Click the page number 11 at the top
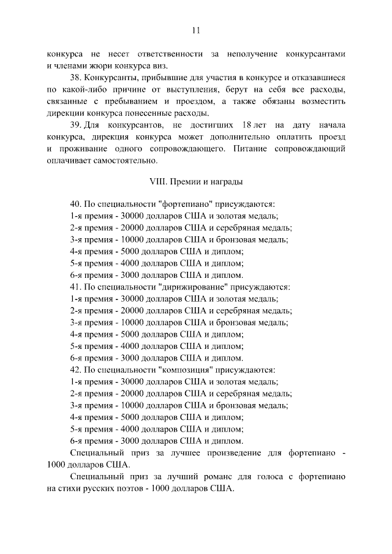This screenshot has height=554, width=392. coord(196,30)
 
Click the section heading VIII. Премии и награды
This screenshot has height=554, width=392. coord(196,182)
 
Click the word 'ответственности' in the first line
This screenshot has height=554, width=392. coord(167,54)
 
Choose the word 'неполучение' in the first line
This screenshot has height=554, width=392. coord(249,54)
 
